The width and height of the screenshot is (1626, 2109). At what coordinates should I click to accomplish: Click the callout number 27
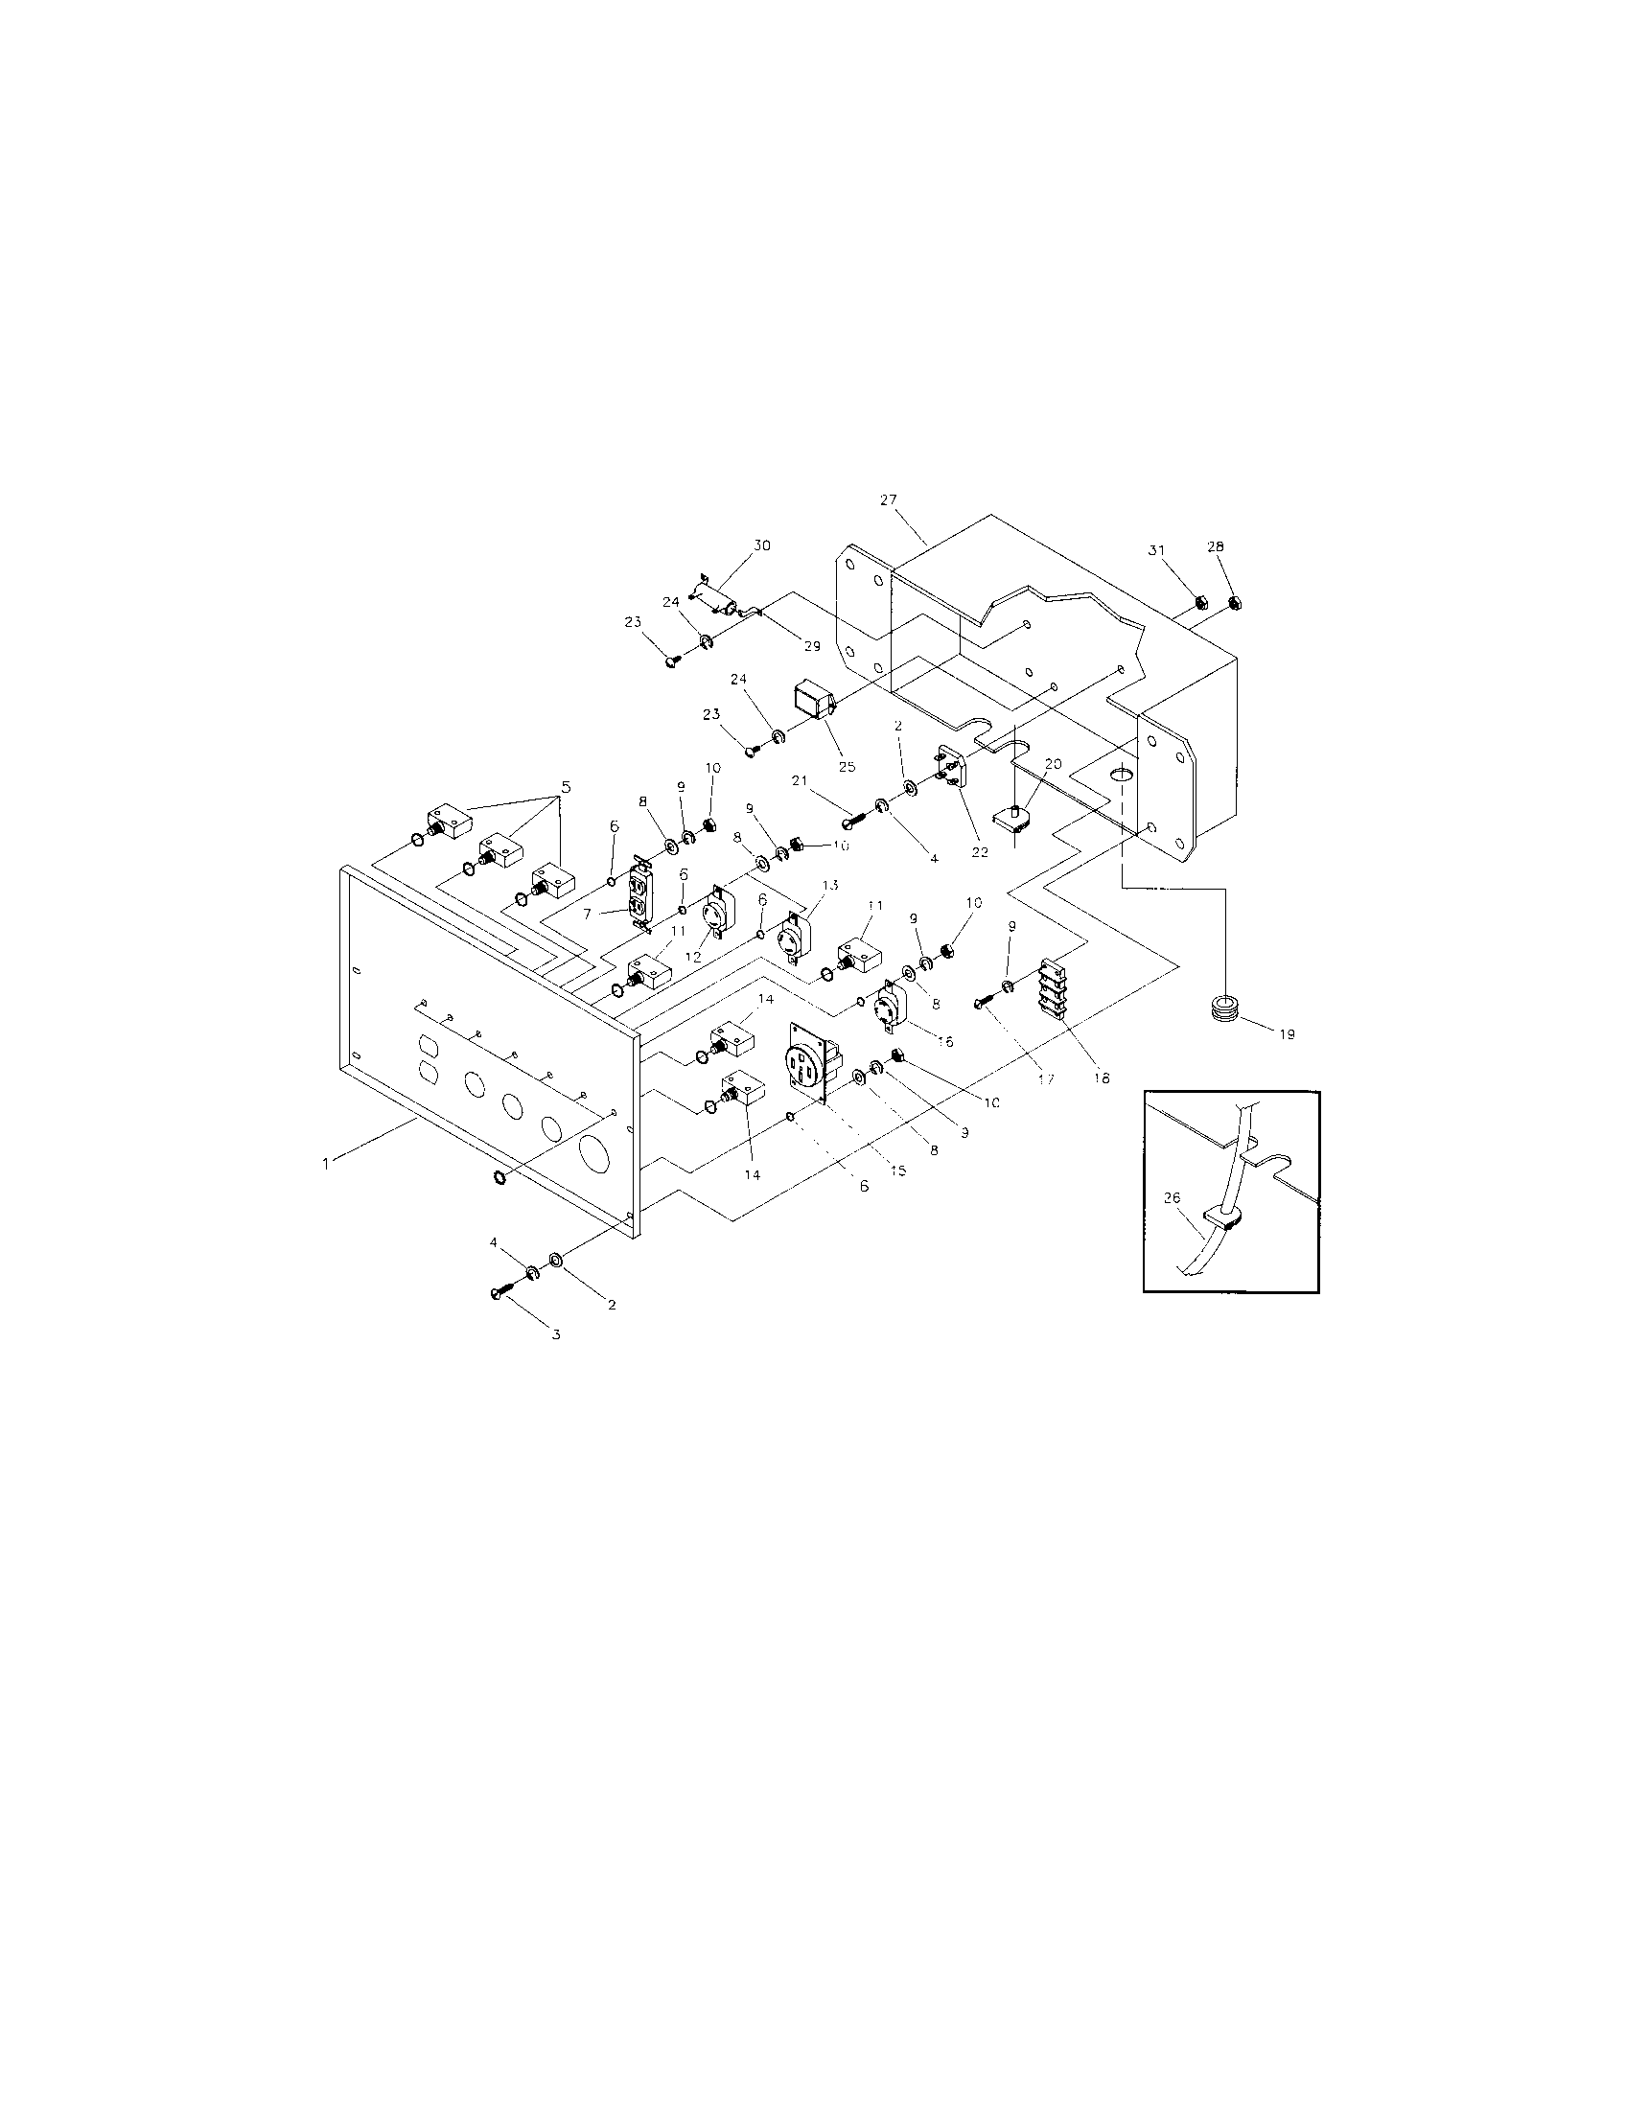click(x=888, y=499)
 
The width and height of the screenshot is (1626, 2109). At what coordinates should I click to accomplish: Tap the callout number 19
click(x=1286, y=1033)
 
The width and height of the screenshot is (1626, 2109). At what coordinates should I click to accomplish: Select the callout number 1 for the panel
click(x=326, y=1165)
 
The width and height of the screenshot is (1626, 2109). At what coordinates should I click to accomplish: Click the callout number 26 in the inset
click(x=1172, y=1197)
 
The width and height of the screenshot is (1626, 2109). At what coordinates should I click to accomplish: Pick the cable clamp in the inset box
click(x=1223, y=1219)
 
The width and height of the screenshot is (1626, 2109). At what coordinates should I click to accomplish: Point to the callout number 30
click(x=762, y=545)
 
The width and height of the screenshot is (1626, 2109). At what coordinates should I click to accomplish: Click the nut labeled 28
click(x=1234, y=604)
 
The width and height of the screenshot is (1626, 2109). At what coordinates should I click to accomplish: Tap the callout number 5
click(x=565, y=787)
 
